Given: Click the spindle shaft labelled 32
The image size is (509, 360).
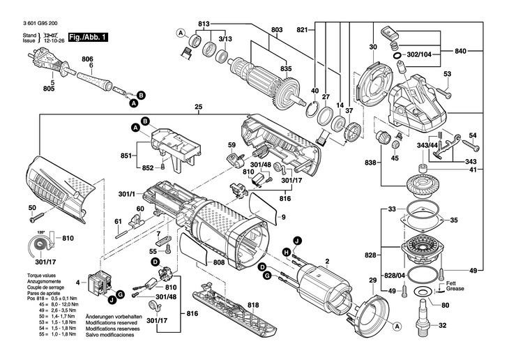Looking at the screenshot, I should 422,324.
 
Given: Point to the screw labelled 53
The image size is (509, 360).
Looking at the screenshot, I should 447,91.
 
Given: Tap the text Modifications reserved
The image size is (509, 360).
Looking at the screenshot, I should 109,323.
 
